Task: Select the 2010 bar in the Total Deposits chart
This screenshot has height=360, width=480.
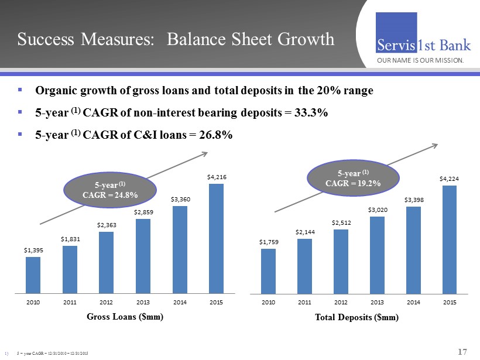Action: pyautogui.click(x=268, y=270)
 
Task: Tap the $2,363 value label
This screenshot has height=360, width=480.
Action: pyautogui.click(x=106, y=224)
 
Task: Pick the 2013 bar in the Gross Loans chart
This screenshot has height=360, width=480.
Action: pyautogui.click(x=143, y=256)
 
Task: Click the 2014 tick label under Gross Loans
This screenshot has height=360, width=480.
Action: pyautogui.click(x=180, y=302)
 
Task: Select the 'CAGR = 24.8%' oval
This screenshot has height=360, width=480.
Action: pyautogui.click(x=102, y=190)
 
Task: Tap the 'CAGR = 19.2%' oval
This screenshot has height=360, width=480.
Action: pyautogui.click(x=353, y=178)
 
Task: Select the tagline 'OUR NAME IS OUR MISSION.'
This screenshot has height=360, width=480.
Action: pyautogui.click(x=420, y=60)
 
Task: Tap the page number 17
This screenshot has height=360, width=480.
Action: pyautogui.click(x=462, y=351)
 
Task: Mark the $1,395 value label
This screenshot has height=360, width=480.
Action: pyautogui.click(x=33, y=249)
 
